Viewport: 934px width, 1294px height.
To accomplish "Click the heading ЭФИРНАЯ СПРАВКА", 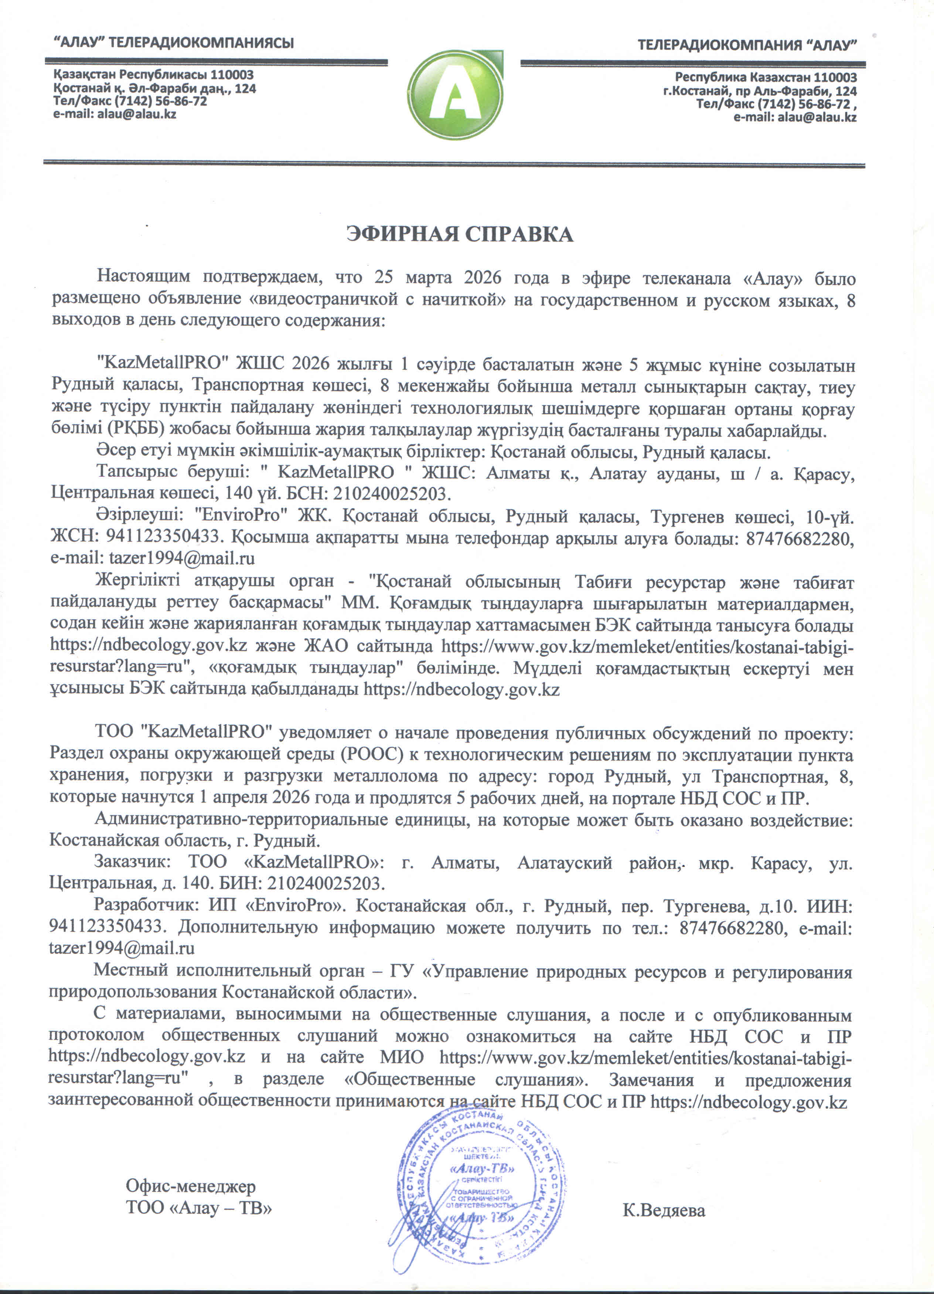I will point(460,235).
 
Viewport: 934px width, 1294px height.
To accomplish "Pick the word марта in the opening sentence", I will point(427,279).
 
